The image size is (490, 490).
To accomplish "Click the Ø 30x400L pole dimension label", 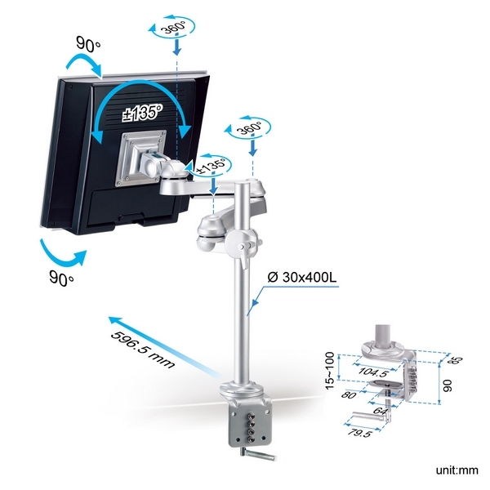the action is (x=302, y=277).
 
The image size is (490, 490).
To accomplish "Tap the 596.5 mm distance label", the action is (x=142, y=350).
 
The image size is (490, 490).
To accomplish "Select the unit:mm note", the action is (x=457, y=470).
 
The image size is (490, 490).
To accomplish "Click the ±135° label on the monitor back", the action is (x=142, y=113).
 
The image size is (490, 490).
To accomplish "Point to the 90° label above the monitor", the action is (x=88, y=44).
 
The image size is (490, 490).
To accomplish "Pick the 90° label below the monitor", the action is (x=61, y=278).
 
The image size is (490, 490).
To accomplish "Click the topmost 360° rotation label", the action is (x=173, y=27).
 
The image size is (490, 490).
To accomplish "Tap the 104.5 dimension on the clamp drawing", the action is (x=373, y=372).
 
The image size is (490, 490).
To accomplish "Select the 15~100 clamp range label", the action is (x=330, y=371).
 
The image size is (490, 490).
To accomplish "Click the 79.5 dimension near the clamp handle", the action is (x=359, y=433).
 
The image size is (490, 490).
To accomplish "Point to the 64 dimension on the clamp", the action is (x=380, y=410).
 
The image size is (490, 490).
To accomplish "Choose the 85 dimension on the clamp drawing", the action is (x=455, y=361).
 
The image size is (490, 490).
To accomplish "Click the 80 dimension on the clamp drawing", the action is (x=349, y=395).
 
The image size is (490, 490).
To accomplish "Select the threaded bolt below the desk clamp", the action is (x=258, y=454).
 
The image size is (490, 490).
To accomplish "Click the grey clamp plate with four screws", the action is (x=251, y=425).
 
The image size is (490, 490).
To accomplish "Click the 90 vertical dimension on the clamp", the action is (x=448, y=385).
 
